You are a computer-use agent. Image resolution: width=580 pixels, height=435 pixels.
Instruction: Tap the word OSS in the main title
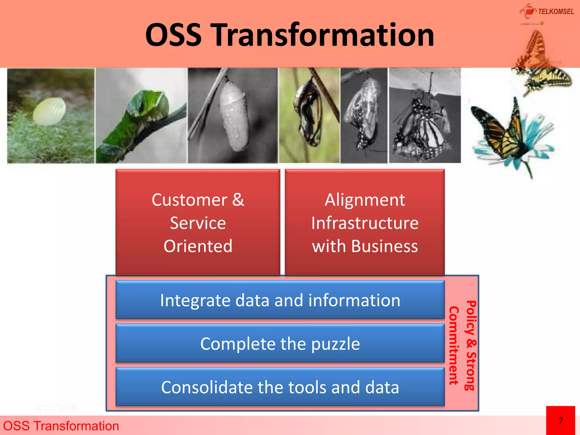173,35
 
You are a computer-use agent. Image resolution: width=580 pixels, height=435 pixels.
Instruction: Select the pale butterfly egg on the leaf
50,111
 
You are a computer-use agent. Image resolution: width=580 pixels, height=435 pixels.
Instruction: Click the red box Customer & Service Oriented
198,223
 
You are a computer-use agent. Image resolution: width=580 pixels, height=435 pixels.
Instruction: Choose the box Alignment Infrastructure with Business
365,223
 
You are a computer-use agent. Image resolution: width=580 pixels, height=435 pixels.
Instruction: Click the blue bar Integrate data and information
280,300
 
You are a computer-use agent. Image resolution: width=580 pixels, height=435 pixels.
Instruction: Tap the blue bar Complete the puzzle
280,344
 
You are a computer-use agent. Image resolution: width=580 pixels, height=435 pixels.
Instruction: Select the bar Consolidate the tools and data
280,387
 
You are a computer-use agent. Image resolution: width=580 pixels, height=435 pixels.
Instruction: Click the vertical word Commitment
454,346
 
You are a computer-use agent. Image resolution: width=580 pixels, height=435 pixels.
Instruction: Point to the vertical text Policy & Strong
471,346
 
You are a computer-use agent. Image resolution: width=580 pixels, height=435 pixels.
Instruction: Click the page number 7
560,421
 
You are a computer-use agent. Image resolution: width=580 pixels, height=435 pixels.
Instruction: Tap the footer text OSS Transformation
61,426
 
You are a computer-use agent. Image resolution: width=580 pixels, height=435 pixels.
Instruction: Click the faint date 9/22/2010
56,408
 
